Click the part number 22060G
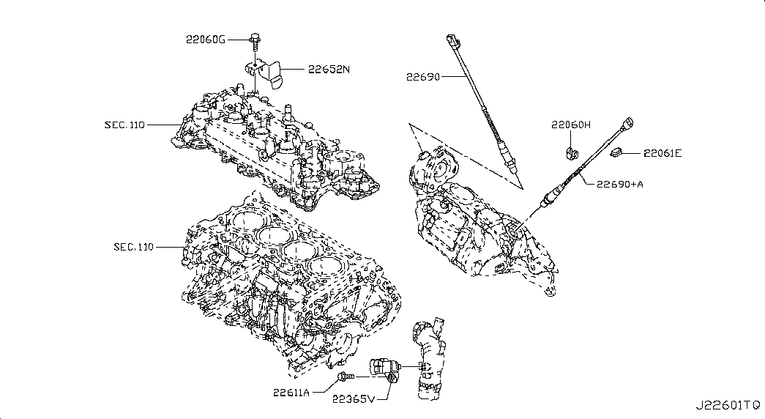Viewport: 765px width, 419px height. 205,39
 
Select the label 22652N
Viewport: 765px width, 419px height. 329,70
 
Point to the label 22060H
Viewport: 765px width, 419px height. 571,125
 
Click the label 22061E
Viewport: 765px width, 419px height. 663,153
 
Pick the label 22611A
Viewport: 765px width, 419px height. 292,392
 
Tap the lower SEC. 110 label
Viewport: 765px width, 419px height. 134,247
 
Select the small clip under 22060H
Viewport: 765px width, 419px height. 570,152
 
